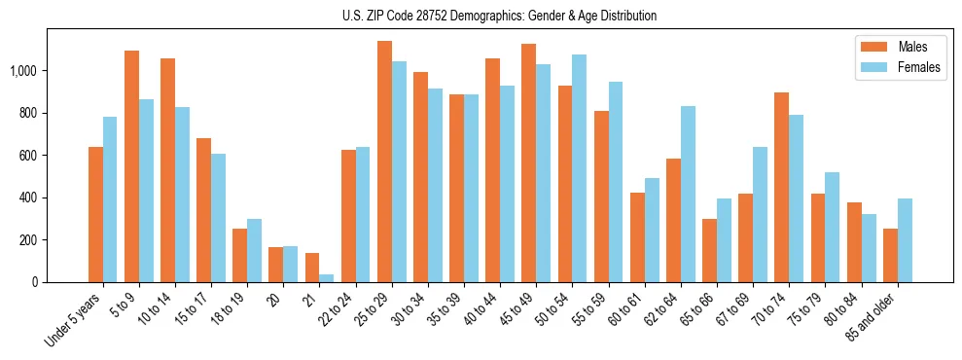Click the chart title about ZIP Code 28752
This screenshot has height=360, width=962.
[x=499, y=16]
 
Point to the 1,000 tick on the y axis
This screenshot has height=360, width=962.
[x=23, y=71]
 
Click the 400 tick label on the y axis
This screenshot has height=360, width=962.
[x=28, y=198]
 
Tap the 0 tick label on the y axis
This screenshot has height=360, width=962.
[x=35, y=282]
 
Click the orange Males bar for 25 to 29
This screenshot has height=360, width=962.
[x=384, y=162]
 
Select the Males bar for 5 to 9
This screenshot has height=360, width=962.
[x=131, y=166]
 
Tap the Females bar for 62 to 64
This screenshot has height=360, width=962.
[x=688, y=195]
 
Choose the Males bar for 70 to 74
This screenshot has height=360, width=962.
[x=781, y=188]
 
